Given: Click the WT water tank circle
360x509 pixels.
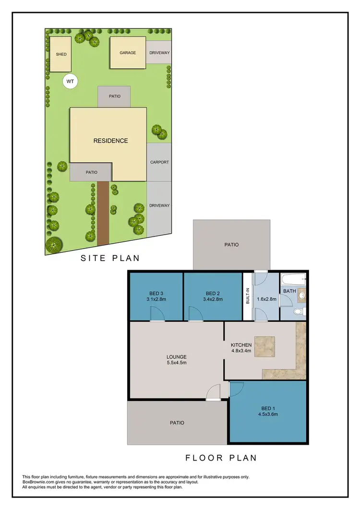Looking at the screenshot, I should (x=70, y=82).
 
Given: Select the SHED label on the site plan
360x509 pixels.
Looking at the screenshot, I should (x=61, y=54).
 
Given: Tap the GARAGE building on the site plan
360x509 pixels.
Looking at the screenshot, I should (x=128, y=53).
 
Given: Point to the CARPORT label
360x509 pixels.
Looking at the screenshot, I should (x=159, y=162).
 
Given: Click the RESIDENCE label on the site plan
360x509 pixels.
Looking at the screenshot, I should (x=110, y=141).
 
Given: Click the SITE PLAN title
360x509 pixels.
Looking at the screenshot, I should (x=110, y=258).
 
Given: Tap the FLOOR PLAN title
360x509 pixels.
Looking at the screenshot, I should (x=221, y=458).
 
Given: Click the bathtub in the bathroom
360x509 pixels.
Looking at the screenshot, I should (x=293, y=279).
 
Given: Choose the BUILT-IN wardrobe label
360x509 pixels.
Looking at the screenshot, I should (x=248, y=296).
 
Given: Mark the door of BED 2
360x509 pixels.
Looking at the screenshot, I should (x=195, y=315).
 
